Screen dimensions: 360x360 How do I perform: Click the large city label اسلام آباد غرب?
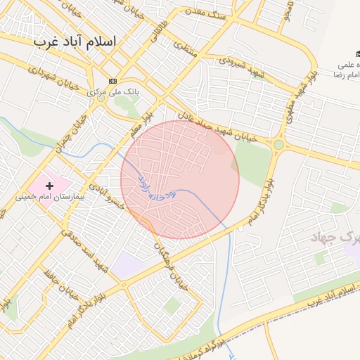click(x=75, y=42)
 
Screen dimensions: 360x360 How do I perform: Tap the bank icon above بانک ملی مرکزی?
click(x=112, y=81)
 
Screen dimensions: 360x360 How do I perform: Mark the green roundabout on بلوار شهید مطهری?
click(x=278, y=145)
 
